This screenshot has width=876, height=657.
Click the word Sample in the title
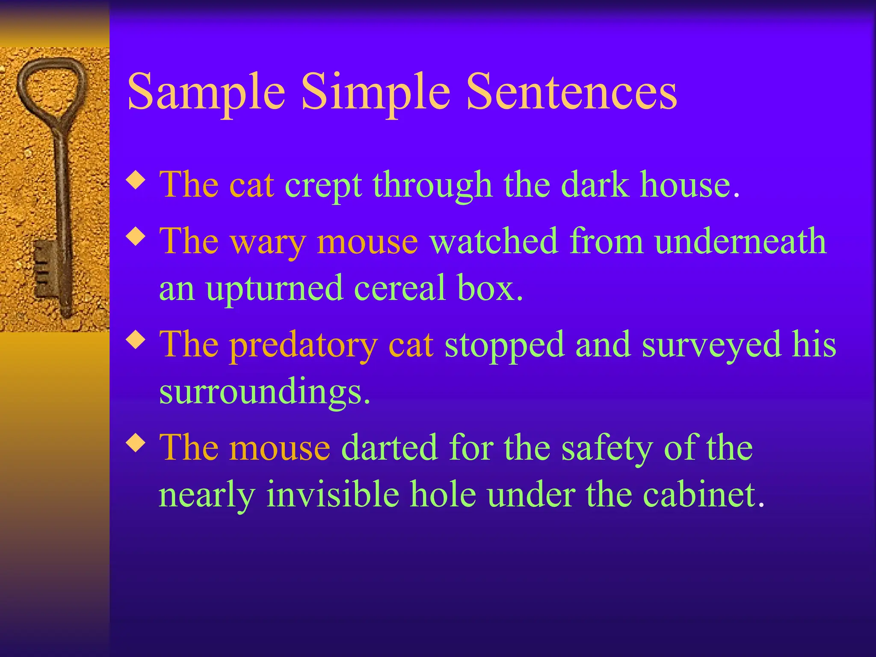206,92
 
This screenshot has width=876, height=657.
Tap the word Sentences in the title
571,92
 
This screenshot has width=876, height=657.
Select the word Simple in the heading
376,92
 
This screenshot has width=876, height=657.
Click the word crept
323,186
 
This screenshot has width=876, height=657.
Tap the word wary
268,243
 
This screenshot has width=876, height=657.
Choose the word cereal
400,288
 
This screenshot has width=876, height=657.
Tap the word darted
389,448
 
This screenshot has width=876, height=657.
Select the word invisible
333,494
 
